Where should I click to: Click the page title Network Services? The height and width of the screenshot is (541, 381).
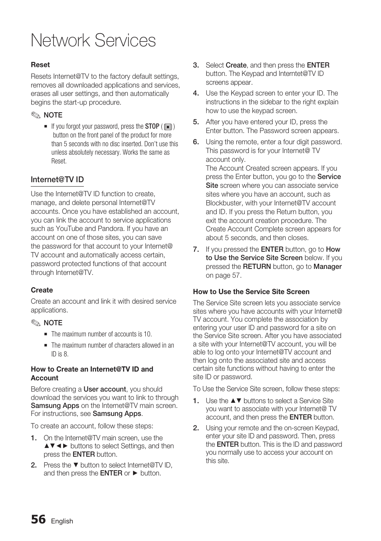[x=93, y=41]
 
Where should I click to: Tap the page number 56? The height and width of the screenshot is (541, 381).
[x=38, y=519]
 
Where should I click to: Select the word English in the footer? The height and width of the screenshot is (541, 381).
[x=62, y=521]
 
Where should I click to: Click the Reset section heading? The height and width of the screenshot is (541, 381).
[x=40, y=65]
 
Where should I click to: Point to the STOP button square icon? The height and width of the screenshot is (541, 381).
[x=168, y=127]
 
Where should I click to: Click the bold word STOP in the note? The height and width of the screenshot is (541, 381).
[x=152, y=126]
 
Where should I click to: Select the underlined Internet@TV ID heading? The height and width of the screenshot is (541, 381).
[x=57, y=180]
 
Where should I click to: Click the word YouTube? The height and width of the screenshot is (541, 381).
[x=69, y=229]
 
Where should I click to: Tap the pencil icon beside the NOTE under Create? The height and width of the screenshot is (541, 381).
[x=36, y=323]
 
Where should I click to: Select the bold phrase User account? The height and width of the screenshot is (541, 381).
[x=105, y=389]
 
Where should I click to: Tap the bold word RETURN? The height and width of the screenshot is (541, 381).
[x=256, y=267]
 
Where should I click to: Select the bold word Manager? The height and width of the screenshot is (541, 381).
[x=327, y=267]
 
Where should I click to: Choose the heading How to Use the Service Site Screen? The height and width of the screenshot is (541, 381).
[x=251, y=292]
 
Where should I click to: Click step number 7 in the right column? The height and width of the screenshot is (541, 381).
[x=196, y=249]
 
